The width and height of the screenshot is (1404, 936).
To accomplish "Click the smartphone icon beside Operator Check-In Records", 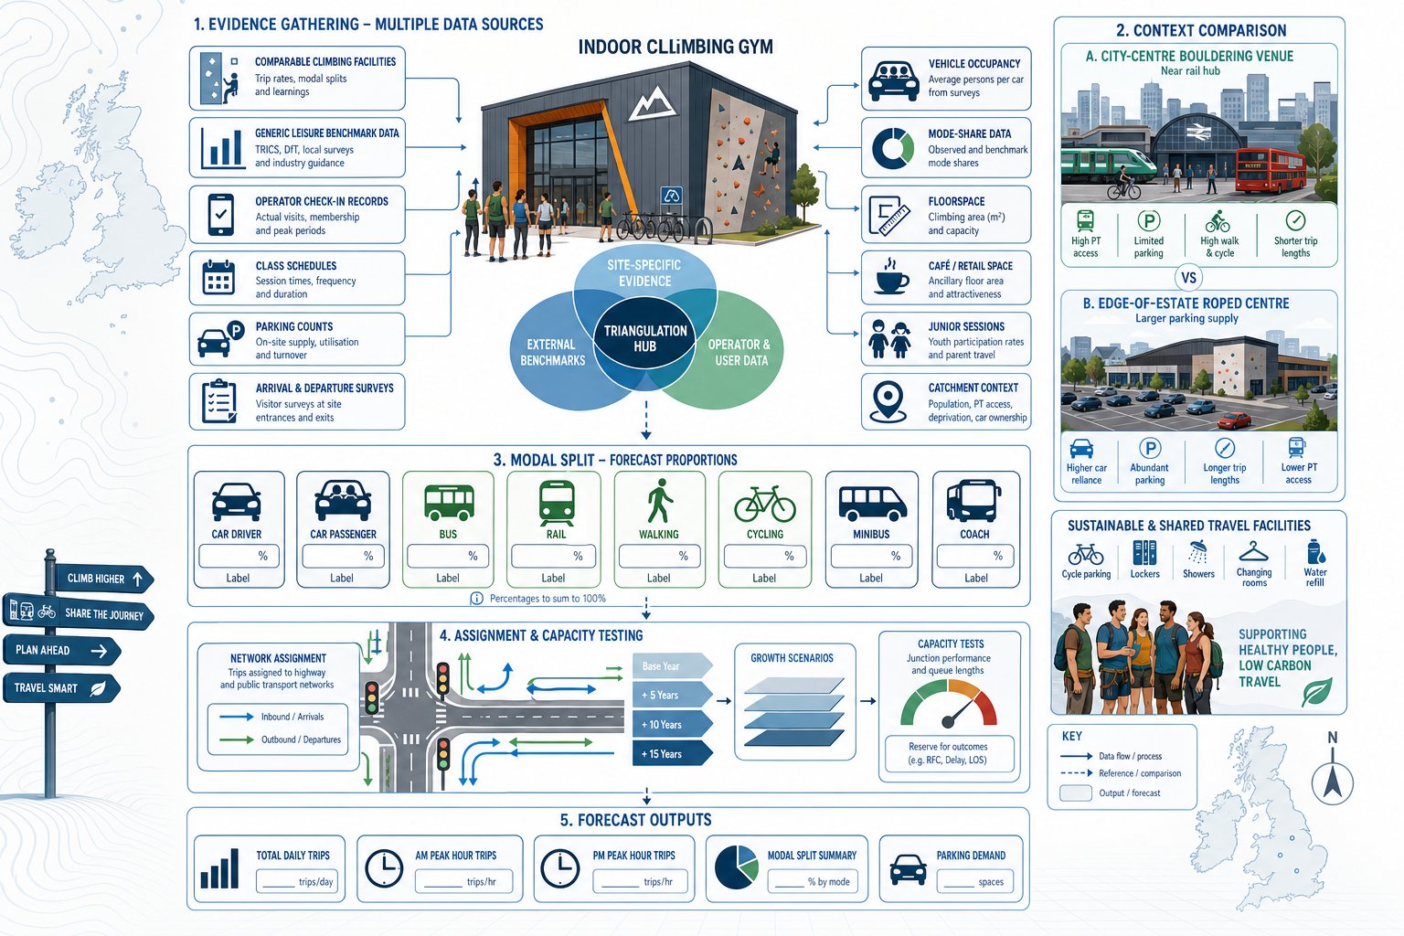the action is click(x=220, y=215).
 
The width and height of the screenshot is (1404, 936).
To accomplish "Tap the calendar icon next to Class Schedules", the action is click(x=218, y=278).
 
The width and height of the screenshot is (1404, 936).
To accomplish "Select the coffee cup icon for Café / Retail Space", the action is click(x=891, y=276).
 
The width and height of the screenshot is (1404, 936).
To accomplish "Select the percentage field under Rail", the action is click(x=552, y=556).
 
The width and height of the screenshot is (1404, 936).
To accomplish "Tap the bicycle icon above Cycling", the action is click(x=765, y=504).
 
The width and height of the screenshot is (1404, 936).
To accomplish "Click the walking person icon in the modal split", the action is click(x=659, y=500).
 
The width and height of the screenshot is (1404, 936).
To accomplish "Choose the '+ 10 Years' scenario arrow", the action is click(x=672, y=724).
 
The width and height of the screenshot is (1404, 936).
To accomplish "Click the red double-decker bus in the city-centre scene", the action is click(x=1270, y=170).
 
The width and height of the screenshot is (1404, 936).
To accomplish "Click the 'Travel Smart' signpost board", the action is click(x=61, y=687).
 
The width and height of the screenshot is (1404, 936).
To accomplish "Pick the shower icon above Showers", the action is click(x=1197, y=553).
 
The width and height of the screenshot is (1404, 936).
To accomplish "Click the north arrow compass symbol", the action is click(x=1332, y=782).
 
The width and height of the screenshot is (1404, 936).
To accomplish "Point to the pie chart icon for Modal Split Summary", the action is click(x=736, y=867).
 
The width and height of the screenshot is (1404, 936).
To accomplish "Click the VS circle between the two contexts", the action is click(x=1188, y=278).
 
